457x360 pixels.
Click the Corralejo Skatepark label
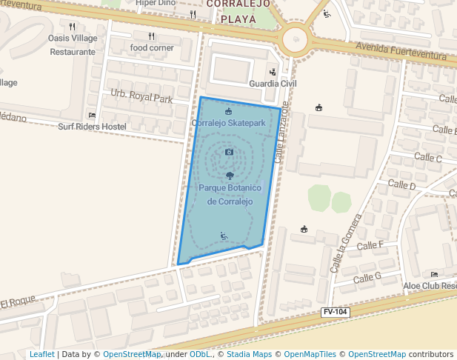coord(228,122)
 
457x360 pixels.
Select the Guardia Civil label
coord(273,84)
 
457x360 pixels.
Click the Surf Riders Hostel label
coord(92,127)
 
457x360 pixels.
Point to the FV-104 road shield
coord(335,313)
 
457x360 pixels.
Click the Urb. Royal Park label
coord(141,97)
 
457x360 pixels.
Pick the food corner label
coord(152,47)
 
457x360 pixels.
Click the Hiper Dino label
coord(156,3)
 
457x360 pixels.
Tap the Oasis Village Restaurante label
coord(73,45)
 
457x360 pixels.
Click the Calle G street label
coord(367,278)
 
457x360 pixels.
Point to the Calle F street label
coord(370,245)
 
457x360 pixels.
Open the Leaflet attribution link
coord(41,354)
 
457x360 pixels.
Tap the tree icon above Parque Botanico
coord(230,176)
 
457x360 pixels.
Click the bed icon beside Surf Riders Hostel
coord(92,116)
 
